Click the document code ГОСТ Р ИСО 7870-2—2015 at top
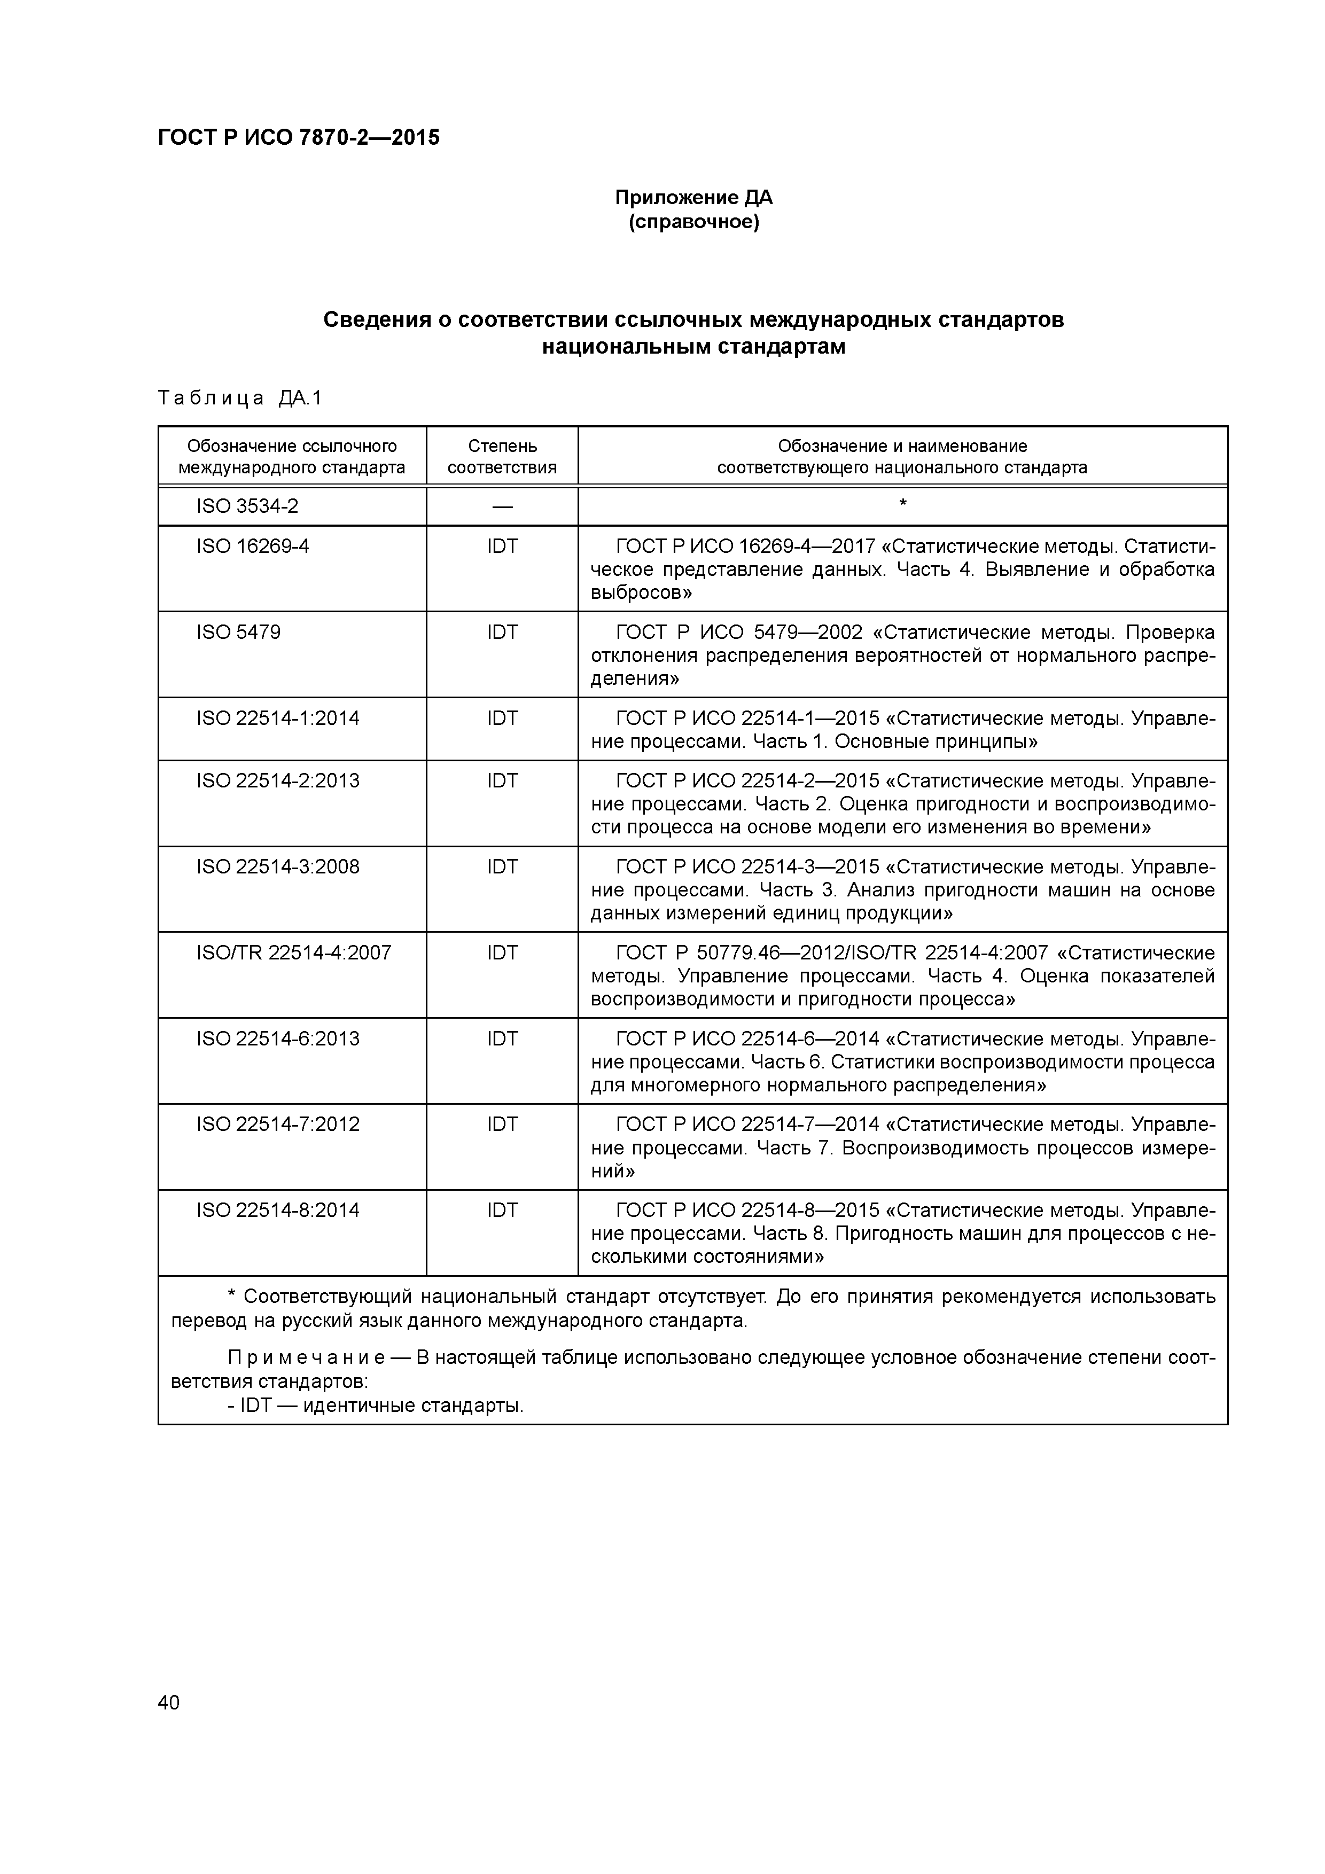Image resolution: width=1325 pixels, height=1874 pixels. [x=298, y=138]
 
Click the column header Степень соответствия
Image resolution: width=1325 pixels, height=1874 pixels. [x=502, y=456]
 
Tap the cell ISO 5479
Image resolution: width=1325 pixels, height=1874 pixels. [x=238, y=633]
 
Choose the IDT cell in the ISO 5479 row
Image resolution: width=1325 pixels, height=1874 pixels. [x=502, y=633]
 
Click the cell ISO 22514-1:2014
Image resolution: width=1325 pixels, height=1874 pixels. [x=278, y=719]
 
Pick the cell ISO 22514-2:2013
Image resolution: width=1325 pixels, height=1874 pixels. [x=278, y=780]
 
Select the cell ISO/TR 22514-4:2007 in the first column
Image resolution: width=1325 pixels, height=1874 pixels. [x=293, y=952]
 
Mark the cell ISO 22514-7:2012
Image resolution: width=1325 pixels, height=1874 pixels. [x=278, y=1124]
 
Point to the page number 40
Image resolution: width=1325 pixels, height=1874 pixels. [x=168, y=1703]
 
